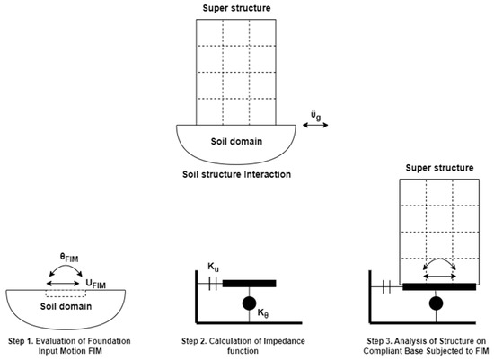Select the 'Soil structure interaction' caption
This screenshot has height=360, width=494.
(x=234, y=171)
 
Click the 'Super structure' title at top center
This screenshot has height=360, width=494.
(x=234, y=8)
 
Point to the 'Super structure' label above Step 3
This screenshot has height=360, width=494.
(x=431, y=168)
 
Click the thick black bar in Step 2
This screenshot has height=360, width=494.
(x=249, y=284)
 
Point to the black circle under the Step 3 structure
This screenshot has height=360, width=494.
(x=436, y=304)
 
